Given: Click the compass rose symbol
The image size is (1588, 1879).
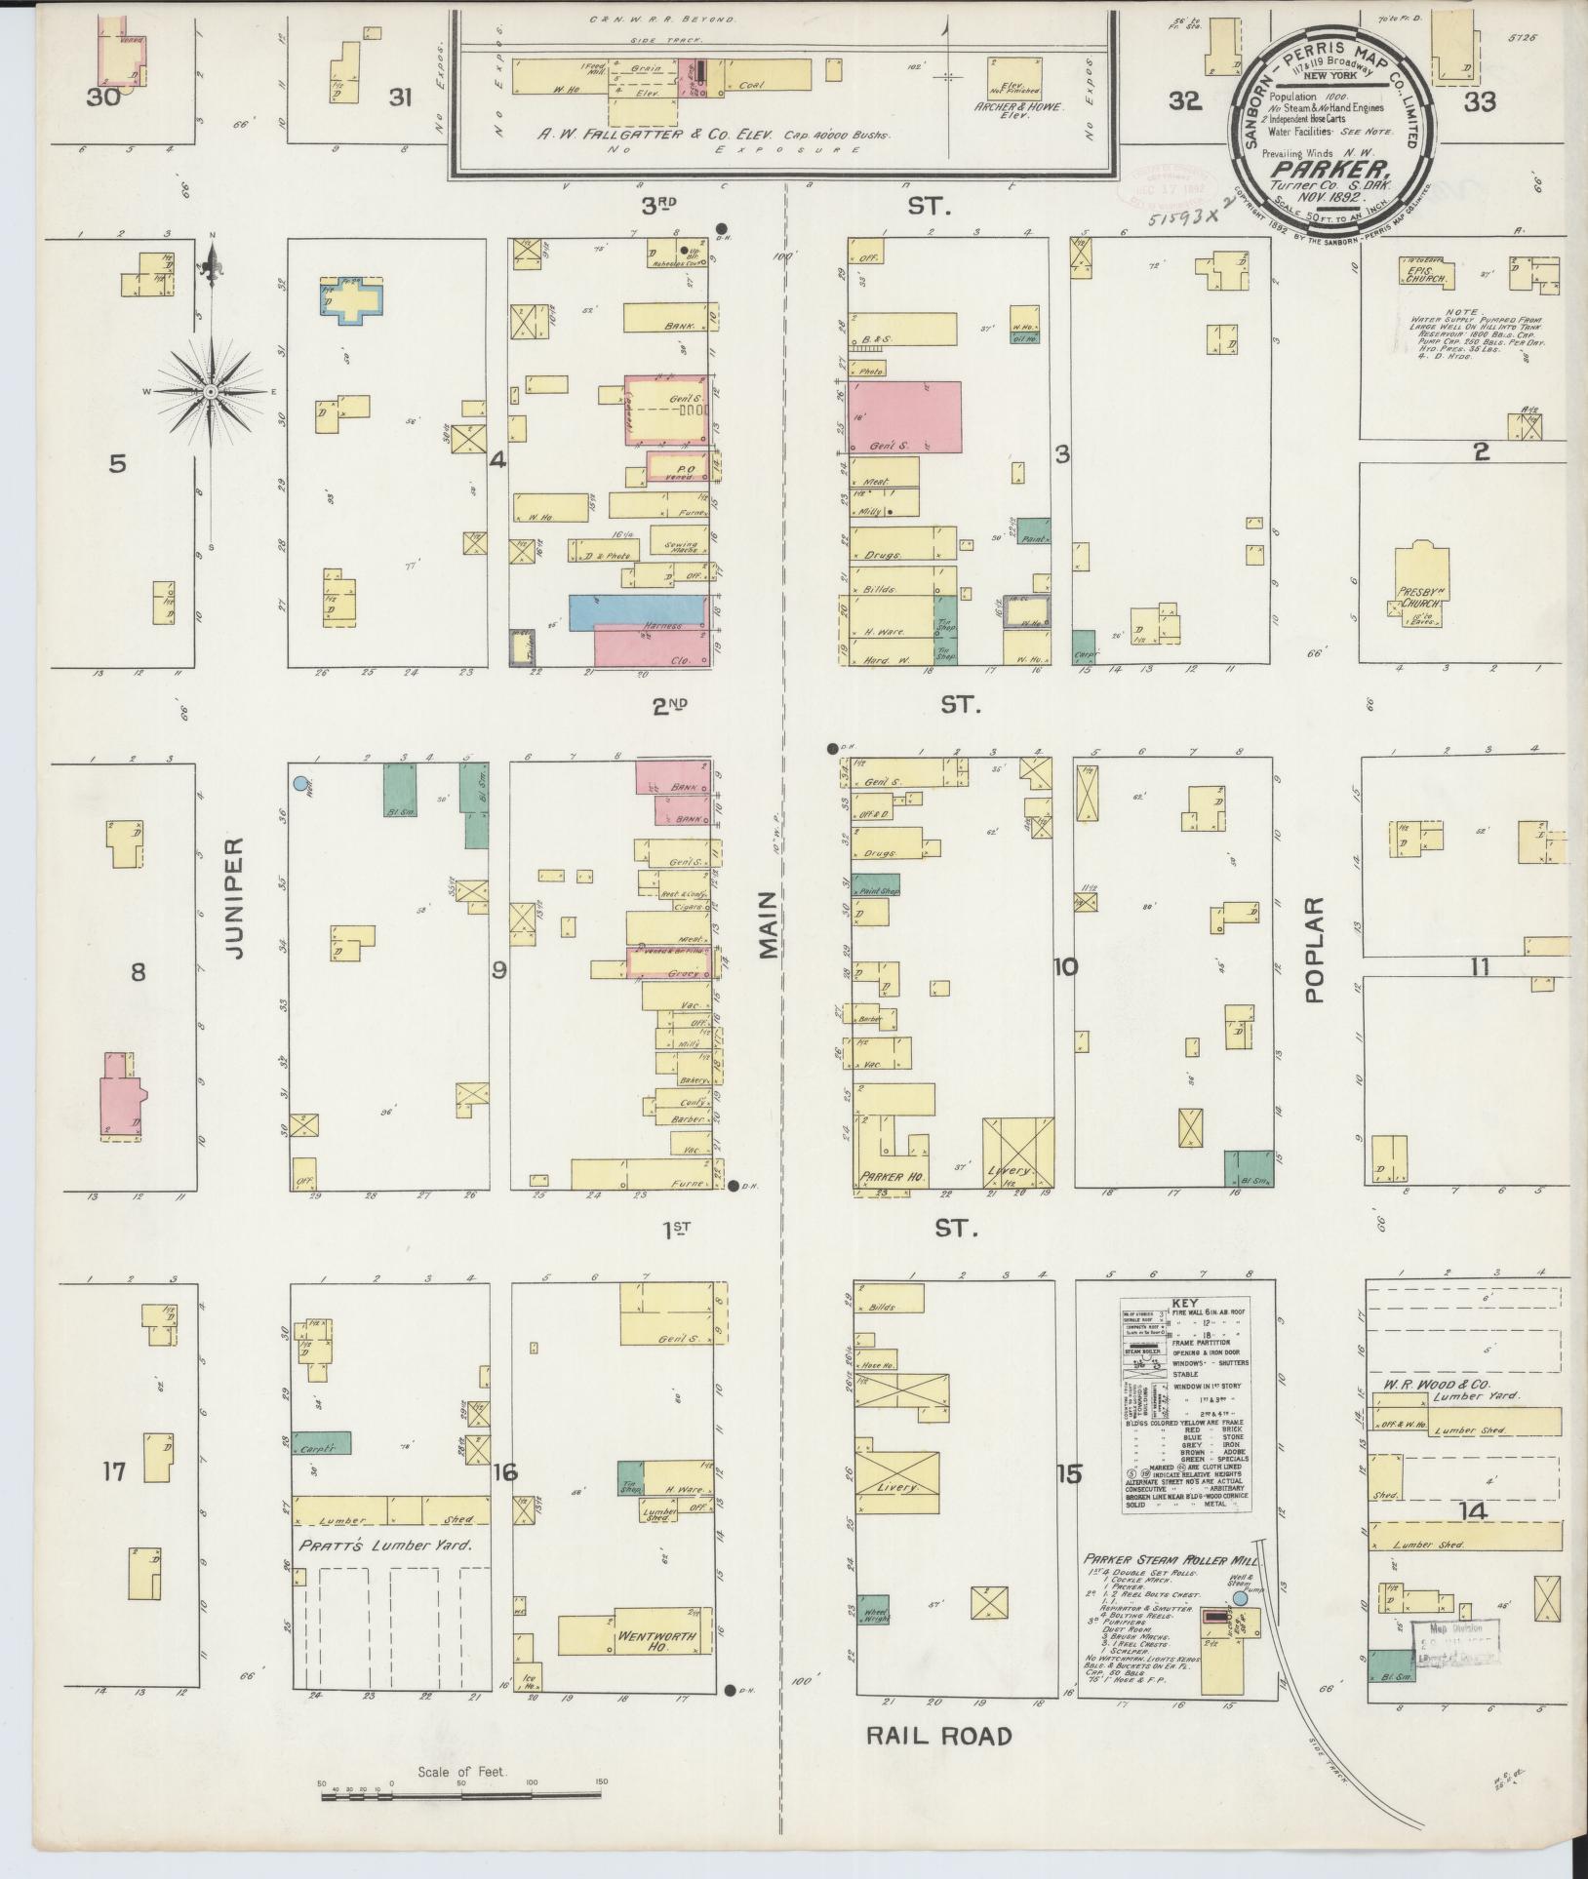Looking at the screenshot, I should click(x=211, y=390).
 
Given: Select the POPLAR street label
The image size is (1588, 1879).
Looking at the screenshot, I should click(x=1313, y=951).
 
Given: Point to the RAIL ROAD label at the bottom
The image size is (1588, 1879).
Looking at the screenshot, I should click(x=938, y=1735).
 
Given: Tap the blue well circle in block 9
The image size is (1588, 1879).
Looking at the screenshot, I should click(x=300, y=783).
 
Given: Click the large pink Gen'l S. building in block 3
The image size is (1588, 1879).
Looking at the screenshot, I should click(x=904, y=417).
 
